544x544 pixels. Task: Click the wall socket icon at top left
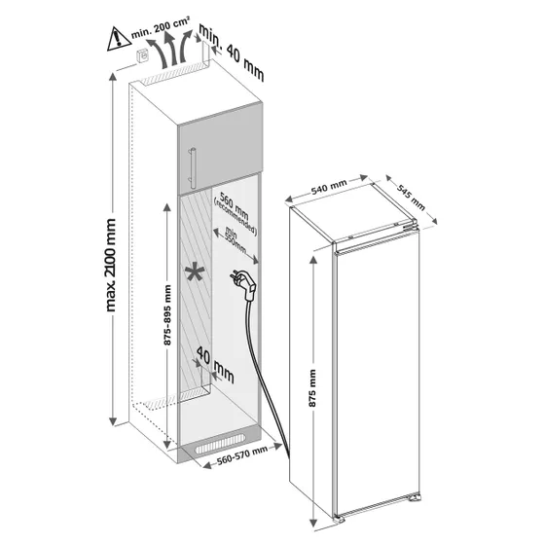click(x=143, y=55)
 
